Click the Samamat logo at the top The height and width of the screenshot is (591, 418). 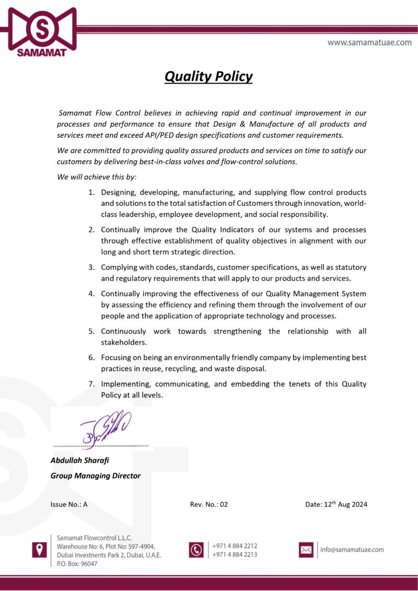(x=42, y=31)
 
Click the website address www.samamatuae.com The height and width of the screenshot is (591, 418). (x=369, y=42)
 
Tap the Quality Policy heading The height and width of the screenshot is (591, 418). (x=208, y=76)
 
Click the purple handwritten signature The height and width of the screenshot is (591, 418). (x=104, y=428)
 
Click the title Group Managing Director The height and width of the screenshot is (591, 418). (x=95, y=476)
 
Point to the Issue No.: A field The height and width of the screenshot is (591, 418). (x=68, y=504)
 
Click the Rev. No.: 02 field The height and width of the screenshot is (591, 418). (x=209, y=504)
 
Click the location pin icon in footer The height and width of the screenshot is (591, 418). (x=40, y=549)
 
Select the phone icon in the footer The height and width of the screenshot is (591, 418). (x=196, y=550)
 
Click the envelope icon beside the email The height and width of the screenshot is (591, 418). (x=306, y=550)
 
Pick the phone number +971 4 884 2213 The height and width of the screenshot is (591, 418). (x=235, y=554)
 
